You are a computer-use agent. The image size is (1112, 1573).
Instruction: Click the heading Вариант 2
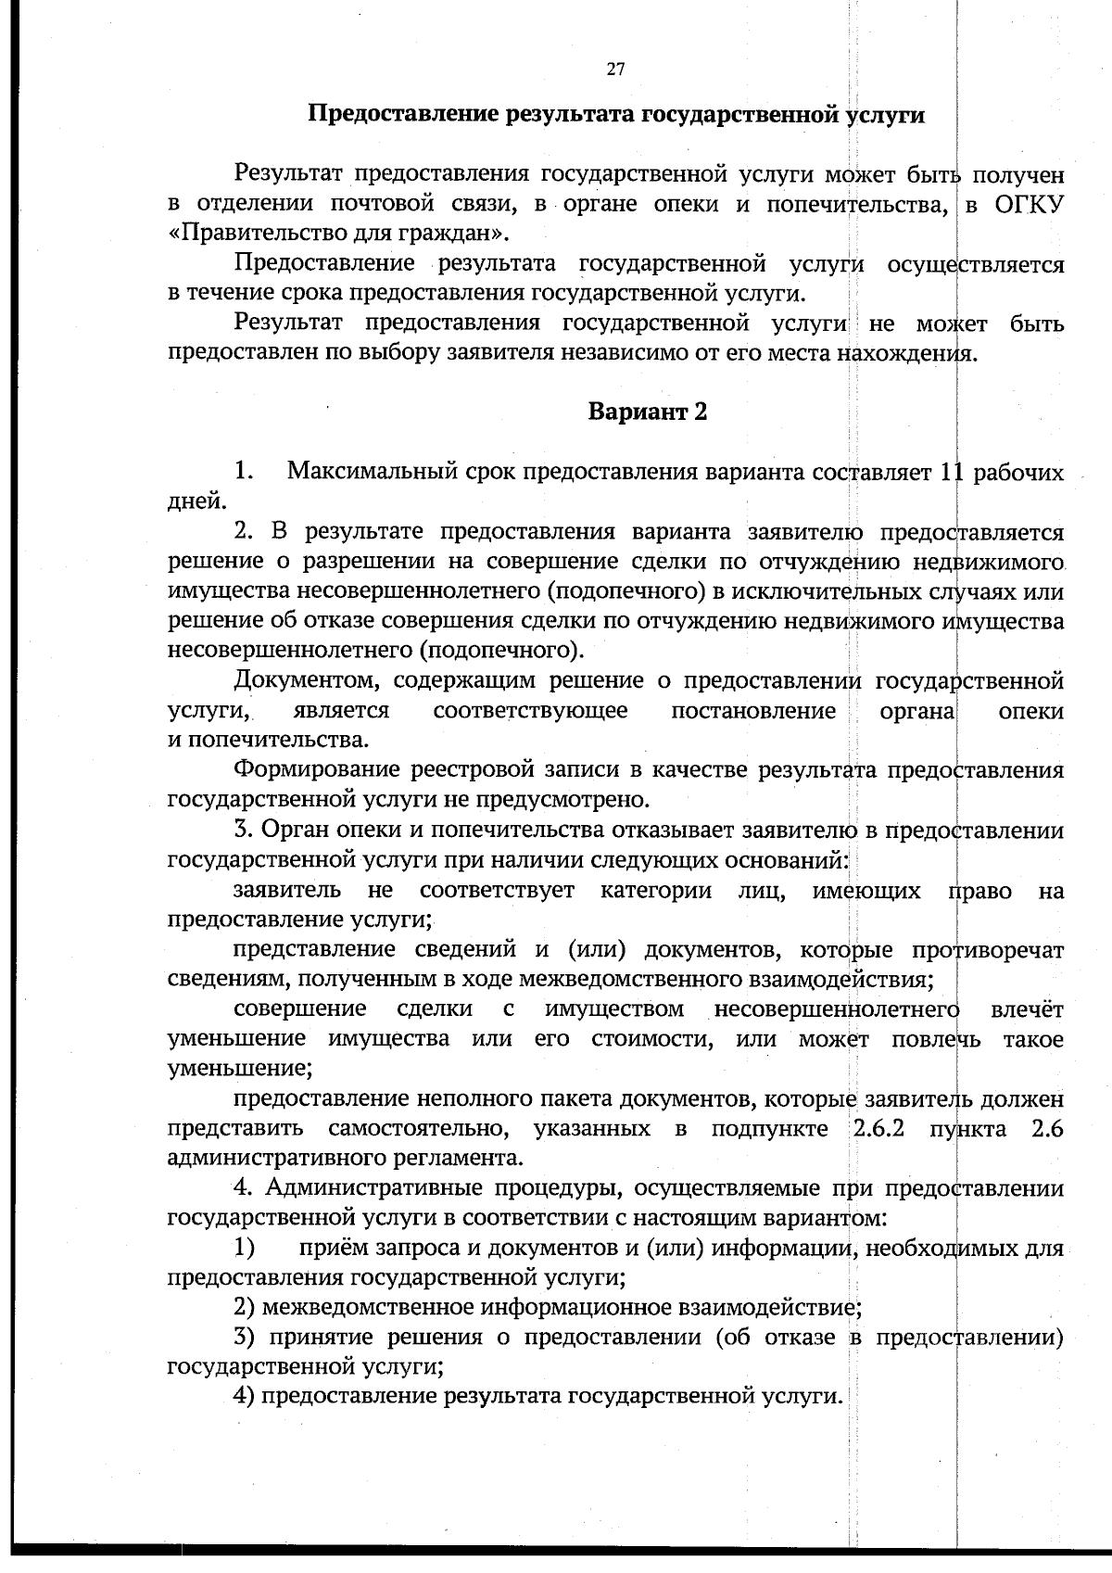[648, 412]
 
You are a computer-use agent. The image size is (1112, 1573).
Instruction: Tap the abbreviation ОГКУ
[1029, 203]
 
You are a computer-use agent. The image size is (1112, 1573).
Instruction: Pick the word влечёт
[1027, 1009]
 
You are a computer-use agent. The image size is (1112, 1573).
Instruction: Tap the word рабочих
[1018, 472]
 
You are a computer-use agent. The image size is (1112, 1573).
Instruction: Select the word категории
[656, 891]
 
